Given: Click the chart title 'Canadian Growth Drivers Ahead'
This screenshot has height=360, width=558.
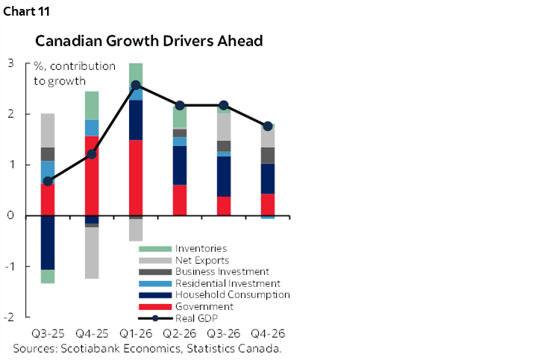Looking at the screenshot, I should (x=148, y=41).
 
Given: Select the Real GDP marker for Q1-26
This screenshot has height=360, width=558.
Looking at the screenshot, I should (x=136, y=86).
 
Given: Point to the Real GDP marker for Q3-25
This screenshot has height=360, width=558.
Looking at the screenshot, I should (x=48, y=181).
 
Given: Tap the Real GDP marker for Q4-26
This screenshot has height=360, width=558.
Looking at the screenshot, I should (x=268, y=126).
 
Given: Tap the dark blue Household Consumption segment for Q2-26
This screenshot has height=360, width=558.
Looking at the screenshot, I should (x=180, y=165).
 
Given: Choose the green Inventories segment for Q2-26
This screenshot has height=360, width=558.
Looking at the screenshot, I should (x=180, y=117).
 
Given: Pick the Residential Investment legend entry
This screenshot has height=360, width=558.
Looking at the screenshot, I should (x=227, y=283).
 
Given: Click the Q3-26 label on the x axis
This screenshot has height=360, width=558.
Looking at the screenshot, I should (x=224, y=332).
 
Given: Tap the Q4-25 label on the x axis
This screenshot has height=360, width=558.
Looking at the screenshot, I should (x=92, y=332).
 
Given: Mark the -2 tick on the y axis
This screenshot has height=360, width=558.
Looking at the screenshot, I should (x=10, y=317).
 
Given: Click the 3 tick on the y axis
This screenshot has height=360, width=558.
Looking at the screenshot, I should (x=10, y=63).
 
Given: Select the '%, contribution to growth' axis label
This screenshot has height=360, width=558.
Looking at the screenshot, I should (x=75, y=73).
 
